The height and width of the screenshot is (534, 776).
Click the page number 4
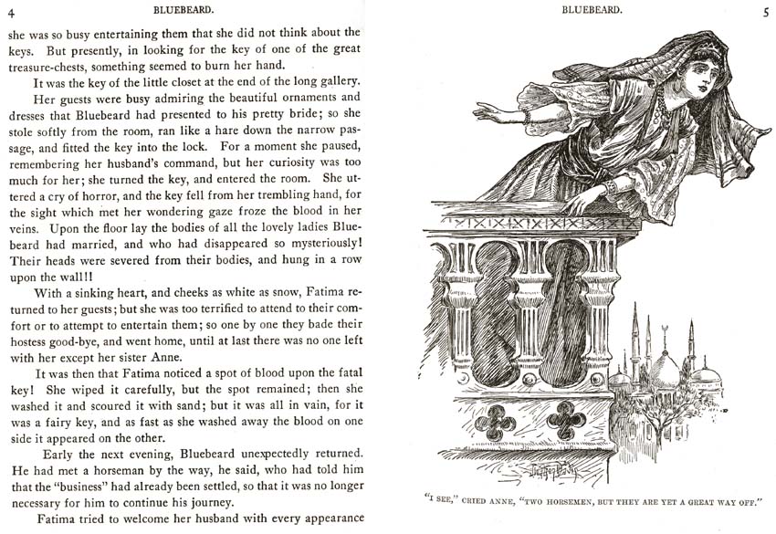tap(10, 12)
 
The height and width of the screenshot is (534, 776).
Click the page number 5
tap(765, 12)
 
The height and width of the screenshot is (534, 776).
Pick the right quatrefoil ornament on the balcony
tap(566, 421)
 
